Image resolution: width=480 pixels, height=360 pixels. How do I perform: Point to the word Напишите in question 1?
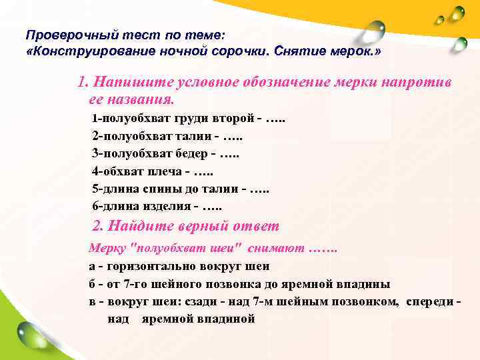click(x=133, y=83)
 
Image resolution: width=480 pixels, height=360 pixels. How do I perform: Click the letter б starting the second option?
click(x=93, y=283)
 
